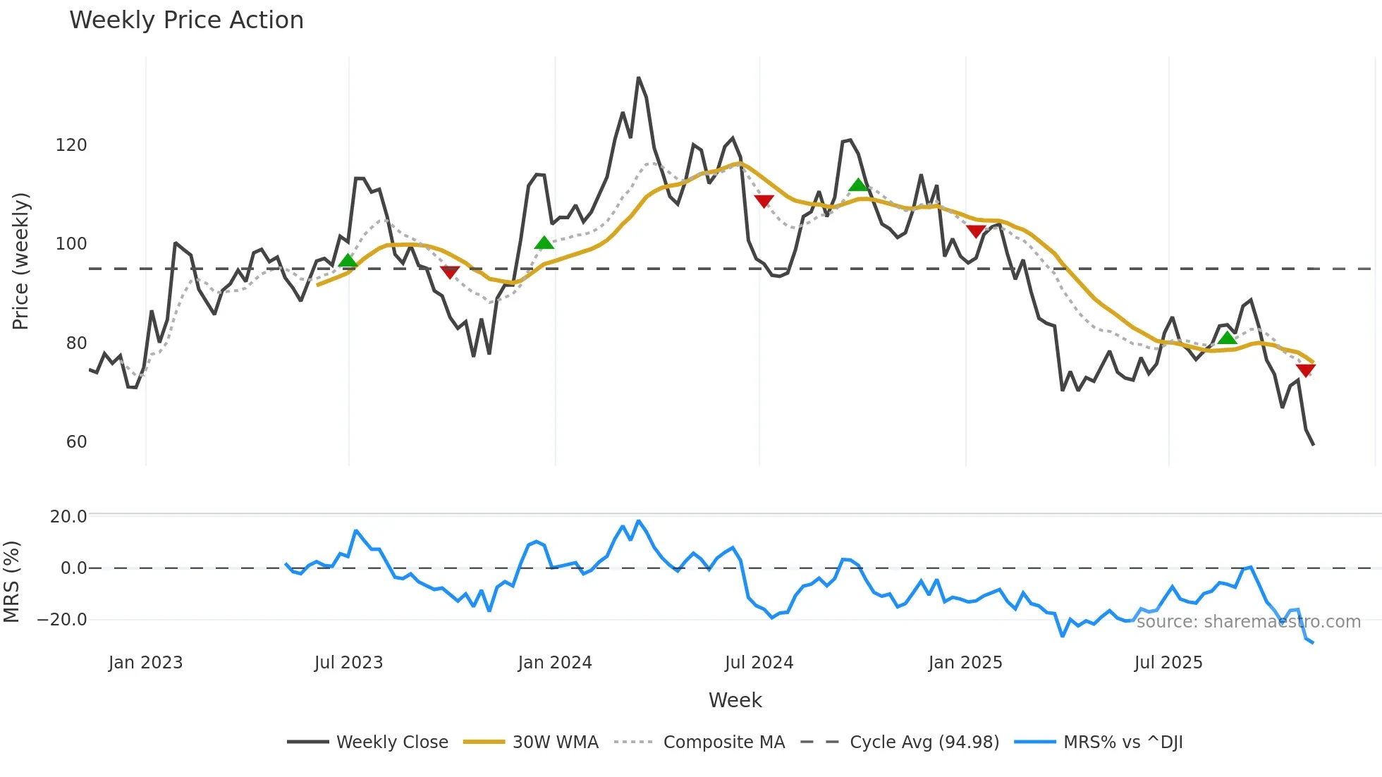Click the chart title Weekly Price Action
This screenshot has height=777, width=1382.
pyautogui.click(x=186, y=20)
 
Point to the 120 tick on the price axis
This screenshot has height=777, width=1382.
pyautogui.click(x=71, y=145)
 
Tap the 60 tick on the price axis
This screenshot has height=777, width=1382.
pyautogui.click(x=76, y=442)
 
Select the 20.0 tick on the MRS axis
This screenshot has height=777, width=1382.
pyautogui.click(x=68, y=517)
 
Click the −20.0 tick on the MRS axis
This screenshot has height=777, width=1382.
pyautogui.click(x=62, y=620)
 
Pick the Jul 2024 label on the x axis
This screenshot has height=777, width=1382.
pyautogui.click(x=759, y=663)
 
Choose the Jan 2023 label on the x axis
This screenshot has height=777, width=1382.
pyautogui.click(x=145, y=663)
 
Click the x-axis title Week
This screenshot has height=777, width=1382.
pyautogui.click(x=735, y=700)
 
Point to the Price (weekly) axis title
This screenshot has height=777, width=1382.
pyautogui.click(x=20, y=261)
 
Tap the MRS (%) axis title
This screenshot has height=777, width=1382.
pyautogui.click(x=11, y=582)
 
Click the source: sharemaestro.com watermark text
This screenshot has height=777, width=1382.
pyautogui.click(x=1248, y=622)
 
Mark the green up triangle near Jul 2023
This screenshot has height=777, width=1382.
pyautogui.click(x=348, y=262)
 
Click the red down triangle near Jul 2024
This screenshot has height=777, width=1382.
pyautogui.click(x=764, y=201)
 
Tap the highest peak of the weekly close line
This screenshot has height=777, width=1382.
pyautogui.click(x=638, y=78)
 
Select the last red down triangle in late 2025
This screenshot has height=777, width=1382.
pyautogui.click(x=1305, y=371)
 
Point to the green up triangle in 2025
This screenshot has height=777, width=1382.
pyautogui.click(x=1227, y=338)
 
